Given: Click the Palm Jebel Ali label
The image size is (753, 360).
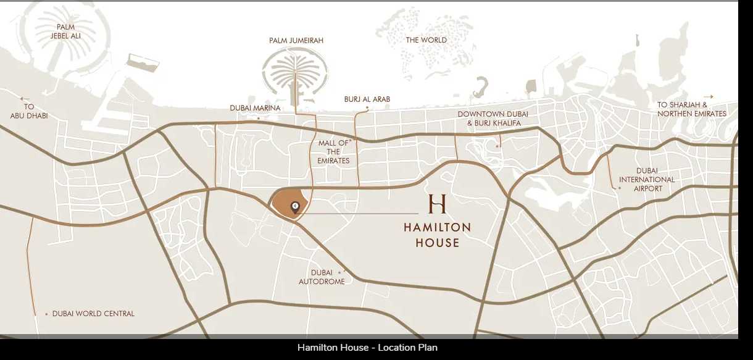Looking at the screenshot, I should pyautogui.click(x=65, y=31).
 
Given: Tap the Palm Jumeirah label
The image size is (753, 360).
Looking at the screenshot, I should pyautogui.click(x=296, y=41).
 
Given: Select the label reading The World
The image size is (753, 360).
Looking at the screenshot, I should pyautogui.click(x=426, y=40).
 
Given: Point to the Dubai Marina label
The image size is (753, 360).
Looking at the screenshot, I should pyautogui.click(x=255, y=108).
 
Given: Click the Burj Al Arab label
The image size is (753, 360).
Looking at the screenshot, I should pyautogui.click(x=367, y=99).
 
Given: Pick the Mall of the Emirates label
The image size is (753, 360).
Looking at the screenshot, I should pyautogui.click(x=333, y=152).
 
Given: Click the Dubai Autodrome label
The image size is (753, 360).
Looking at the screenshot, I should pyautogui.click(x=322, y=277).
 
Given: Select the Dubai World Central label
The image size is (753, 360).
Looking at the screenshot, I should pyautogui.click(x=93, y=314).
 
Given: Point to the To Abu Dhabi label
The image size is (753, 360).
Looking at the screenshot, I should pyautogui.click(x=29, y=111).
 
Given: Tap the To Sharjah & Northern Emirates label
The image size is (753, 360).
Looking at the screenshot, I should pyautogui.click(x=691, y=109).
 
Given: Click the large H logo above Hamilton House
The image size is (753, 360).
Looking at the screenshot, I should pyautogui.click(x=437, y=204).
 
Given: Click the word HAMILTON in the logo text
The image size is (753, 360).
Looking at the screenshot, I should pyautogui.click(x=437, y=227).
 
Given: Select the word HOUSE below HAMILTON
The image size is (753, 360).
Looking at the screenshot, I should pyautogui.click(x=437, y=243).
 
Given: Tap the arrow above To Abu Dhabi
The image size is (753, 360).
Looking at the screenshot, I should pyautogui.click(x=25, y=99).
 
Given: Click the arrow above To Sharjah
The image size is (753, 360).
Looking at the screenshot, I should pyautogui.click(x=708, y=97).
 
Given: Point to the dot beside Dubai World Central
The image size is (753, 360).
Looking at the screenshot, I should pyautogui.click(x=46, y=314).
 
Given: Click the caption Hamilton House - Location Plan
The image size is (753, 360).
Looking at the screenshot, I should pyautogui.click(x=367, y=348).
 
